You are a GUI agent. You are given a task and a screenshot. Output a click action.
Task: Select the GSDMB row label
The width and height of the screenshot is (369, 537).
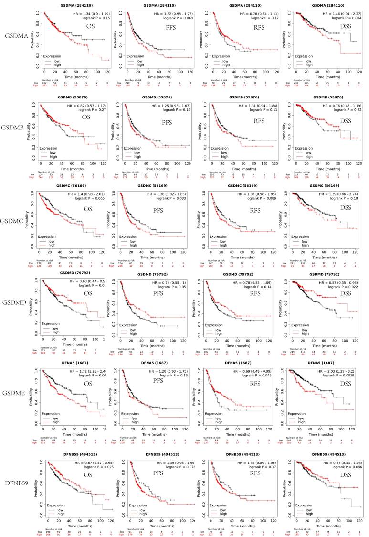coord(14,128)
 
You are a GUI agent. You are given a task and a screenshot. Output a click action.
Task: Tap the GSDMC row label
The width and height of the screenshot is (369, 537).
coord(14,221)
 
